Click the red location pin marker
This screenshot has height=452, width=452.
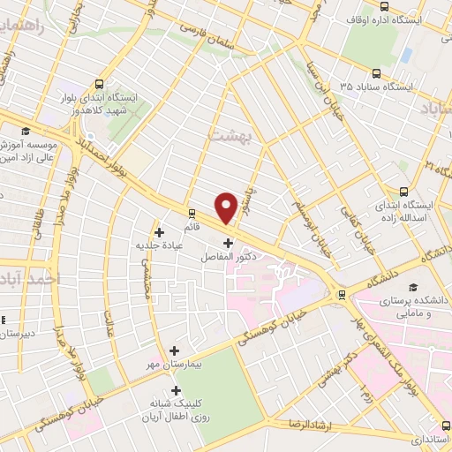[226, 207]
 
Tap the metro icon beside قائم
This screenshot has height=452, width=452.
[192, 213]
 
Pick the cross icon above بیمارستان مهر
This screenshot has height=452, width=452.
[173, 350]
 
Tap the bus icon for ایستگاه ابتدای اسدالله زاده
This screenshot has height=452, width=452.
[404, 191]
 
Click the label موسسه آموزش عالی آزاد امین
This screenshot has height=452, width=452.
[29, 149]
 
